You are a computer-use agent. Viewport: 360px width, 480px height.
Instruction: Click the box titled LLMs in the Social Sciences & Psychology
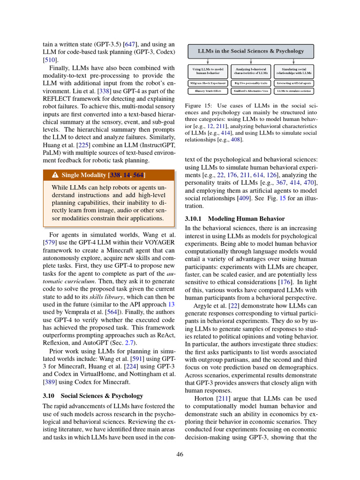[251, 51]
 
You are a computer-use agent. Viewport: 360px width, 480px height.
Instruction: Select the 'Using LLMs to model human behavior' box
[208, 71]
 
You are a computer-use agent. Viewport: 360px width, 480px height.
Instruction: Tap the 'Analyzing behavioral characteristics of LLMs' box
[251, 71]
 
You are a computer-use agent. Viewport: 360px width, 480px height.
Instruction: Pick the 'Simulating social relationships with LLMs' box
[294, 71]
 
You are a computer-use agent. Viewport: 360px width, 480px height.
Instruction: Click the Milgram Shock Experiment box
[208, 83]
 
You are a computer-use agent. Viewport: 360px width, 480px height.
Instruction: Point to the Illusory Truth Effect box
[208, 91]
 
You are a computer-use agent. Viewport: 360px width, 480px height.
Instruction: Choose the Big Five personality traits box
[251, 83]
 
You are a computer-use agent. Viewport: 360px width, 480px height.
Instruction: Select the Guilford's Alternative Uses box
[251, 91]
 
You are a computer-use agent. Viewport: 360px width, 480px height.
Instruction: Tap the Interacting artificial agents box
[294, 83]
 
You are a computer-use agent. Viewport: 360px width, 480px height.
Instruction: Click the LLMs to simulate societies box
[294, 91]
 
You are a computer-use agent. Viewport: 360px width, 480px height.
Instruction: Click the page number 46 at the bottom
[180, 454]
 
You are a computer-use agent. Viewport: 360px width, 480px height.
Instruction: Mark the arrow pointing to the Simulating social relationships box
[294, 61]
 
